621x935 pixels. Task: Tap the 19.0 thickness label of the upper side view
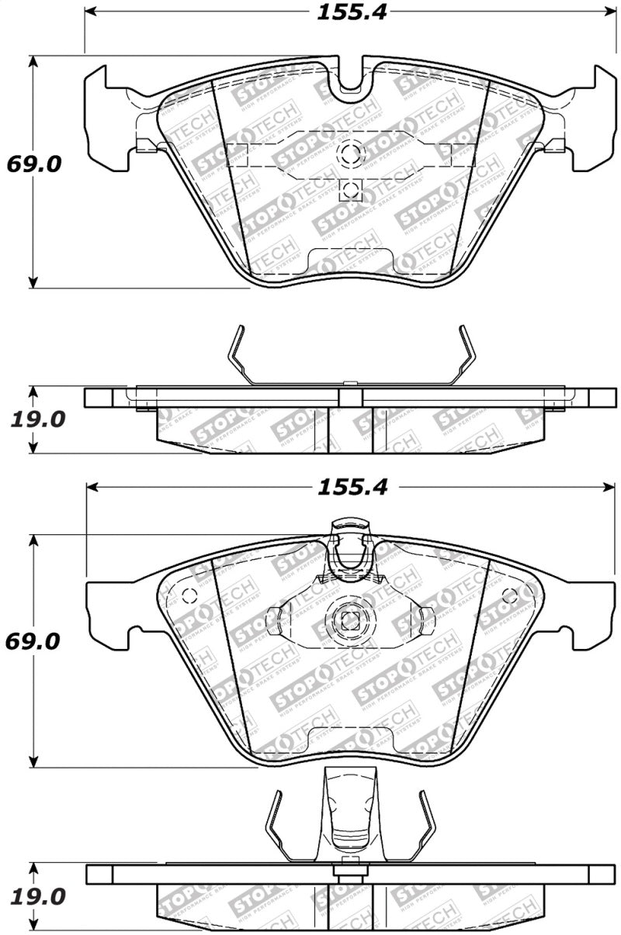click(x=38, y=419)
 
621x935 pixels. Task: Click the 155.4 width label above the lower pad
click(x=351, y=487)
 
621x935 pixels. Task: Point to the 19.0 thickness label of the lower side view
click(x=38, y=896)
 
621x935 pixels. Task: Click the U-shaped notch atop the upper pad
click(x=351, y=78)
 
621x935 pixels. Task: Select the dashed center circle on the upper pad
click(x=351, y=153)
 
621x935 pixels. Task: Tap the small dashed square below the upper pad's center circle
click(x=351, y=189)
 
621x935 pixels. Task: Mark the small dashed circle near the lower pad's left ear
click(x=187, y=596)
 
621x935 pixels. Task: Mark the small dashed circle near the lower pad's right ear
click(x=510, y=595)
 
